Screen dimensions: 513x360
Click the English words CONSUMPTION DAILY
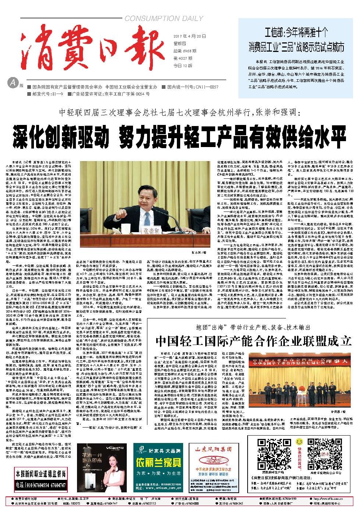pos(164,18)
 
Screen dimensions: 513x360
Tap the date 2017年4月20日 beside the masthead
pos(190,36)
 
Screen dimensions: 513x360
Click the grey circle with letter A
pos(13,83)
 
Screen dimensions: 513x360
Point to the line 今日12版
pos(183,66)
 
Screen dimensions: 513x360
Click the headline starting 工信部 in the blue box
pos(296,40)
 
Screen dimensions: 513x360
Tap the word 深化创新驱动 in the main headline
pos(61,136)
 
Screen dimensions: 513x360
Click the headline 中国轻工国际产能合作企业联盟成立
pos(254,341)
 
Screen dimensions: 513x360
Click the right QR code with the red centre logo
pos(324,454)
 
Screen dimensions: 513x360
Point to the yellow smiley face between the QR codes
pos(299,441)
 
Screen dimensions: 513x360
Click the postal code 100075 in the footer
pos(75,503)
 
